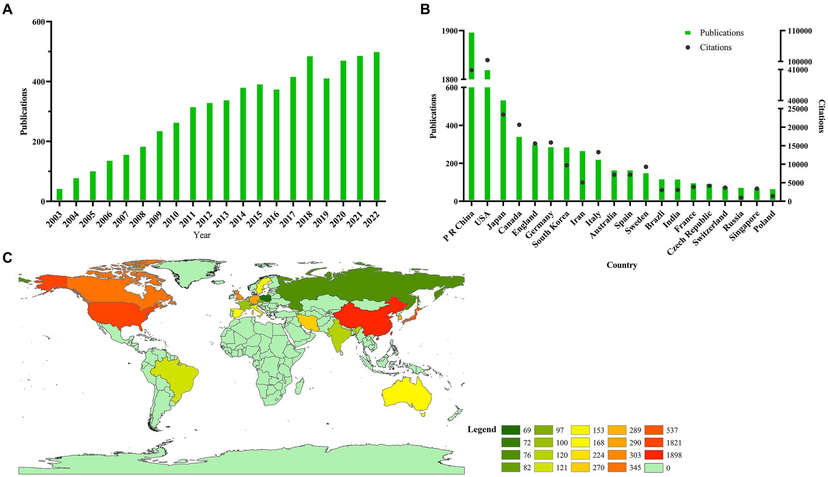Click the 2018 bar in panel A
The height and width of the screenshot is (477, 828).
[310, 129]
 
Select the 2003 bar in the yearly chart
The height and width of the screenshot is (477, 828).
[60, 195]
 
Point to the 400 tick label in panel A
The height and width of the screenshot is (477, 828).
[39, 82]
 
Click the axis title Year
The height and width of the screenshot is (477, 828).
[202, 235]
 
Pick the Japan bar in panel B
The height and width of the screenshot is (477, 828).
[503, 151]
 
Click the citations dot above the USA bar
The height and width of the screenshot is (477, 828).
[488, 60]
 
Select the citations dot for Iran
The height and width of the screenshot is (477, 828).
[582, 182]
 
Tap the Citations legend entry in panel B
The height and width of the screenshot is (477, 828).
[715, 47]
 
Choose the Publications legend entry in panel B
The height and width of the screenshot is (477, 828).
[721, 33]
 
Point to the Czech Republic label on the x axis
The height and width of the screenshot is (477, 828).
[690, 233]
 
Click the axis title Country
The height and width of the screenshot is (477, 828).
[622, 265]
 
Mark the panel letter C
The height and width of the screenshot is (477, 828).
[7, 258]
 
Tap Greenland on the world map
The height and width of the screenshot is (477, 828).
[185, 272]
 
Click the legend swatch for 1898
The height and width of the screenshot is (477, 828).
[654, 455]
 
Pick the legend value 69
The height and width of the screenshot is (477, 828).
[527, 430]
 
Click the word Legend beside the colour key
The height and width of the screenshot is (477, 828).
[481, 430]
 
